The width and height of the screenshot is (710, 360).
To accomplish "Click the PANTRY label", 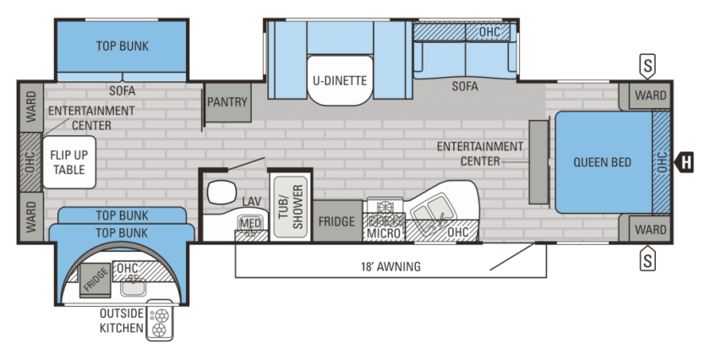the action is click(x=227, y=102).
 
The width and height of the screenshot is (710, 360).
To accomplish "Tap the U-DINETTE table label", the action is click(x=340, y=80).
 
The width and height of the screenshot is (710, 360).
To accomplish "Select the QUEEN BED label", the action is click(x=602, y=162).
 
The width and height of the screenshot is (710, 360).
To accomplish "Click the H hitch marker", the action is click(x=684, y=162).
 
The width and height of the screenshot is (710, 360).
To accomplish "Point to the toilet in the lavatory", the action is click(x=220, y=193).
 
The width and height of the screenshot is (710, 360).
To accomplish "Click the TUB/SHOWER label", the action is click(x=290, y=206).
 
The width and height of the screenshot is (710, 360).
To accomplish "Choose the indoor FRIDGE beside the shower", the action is click(x=337, y=221).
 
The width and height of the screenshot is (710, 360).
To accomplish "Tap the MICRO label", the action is click(x=384, y=233).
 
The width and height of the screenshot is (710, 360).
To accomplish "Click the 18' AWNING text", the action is click(x=390, y=266).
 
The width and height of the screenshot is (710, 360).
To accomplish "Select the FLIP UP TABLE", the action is click(x=69, y=162).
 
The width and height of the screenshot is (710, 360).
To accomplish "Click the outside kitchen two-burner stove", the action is click(x=161, y=322).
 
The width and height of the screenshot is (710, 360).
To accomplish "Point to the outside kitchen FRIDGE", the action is click(x=95, y=280).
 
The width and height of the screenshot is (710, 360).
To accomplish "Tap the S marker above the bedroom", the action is click(x=648, y=66).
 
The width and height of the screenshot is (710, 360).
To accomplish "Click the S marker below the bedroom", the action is click(x=648, y=259).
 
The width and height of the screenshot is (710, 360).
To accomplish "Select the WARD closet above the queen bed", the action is click(x=649, y=95).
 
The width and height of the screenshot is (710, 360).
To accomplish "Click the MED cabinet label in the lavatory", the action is click(x=250, y=223).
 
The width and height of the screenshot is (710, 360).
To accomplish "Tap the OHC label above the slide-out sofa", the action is click(x=489, y=32).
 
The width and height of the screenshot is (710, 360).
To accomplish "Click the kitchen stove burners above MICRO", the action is click(x=385, y=213).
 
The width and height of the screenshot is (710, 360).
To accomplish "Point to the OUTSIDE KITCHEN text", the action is click(x=122, y=320).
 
